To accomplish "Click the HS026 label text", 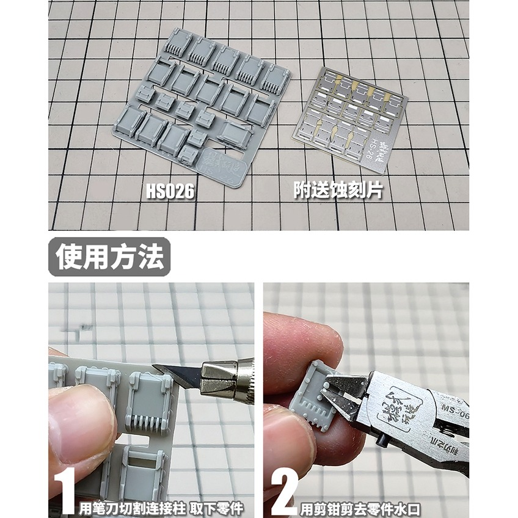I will [x=170, y=192].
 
